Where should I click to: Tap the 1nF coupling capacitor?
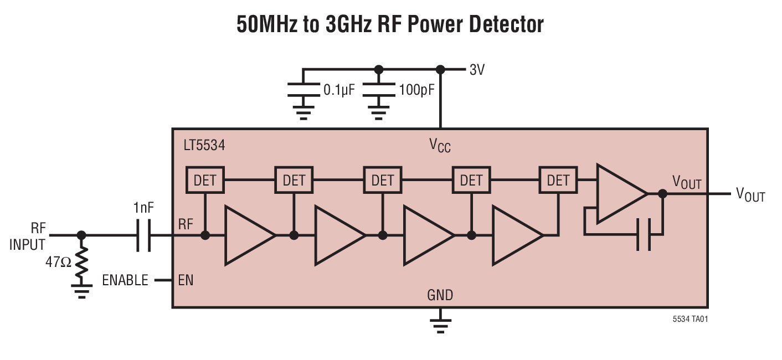click(x=143, y=235)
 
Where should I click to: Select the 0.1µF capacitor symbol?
click(x=302, y=90)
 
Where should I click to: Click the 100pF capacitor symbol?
click(x=378, y=90)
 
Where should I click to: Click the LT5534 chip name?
click(x=204, y=146)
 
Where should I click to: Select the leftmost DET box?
click(x=204, y=180)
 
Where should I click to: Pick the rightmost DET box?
click(x=558, y=180)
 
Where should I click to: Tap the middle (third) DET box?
click(x=382, y=180)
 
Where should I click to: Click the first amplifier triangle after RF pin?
click(x=246, y=235)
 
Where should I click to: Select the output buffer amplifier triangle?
click(x=618, y=193)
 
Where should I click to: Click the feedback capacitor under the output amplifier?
click(x=643, y=234)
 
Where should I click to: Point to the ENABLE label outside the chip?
click(x=125, y=280)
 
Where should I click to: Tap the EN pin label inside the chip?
click(x=186, y=280)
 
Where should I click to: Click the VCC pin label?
click(x=440, y=146)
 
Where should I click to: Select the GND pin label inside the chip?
click(x=440, y=295)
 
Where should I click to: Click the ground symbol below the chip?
click(x=440, y=326)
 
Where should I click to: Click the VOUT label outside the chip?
click(x=750, y=194)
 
